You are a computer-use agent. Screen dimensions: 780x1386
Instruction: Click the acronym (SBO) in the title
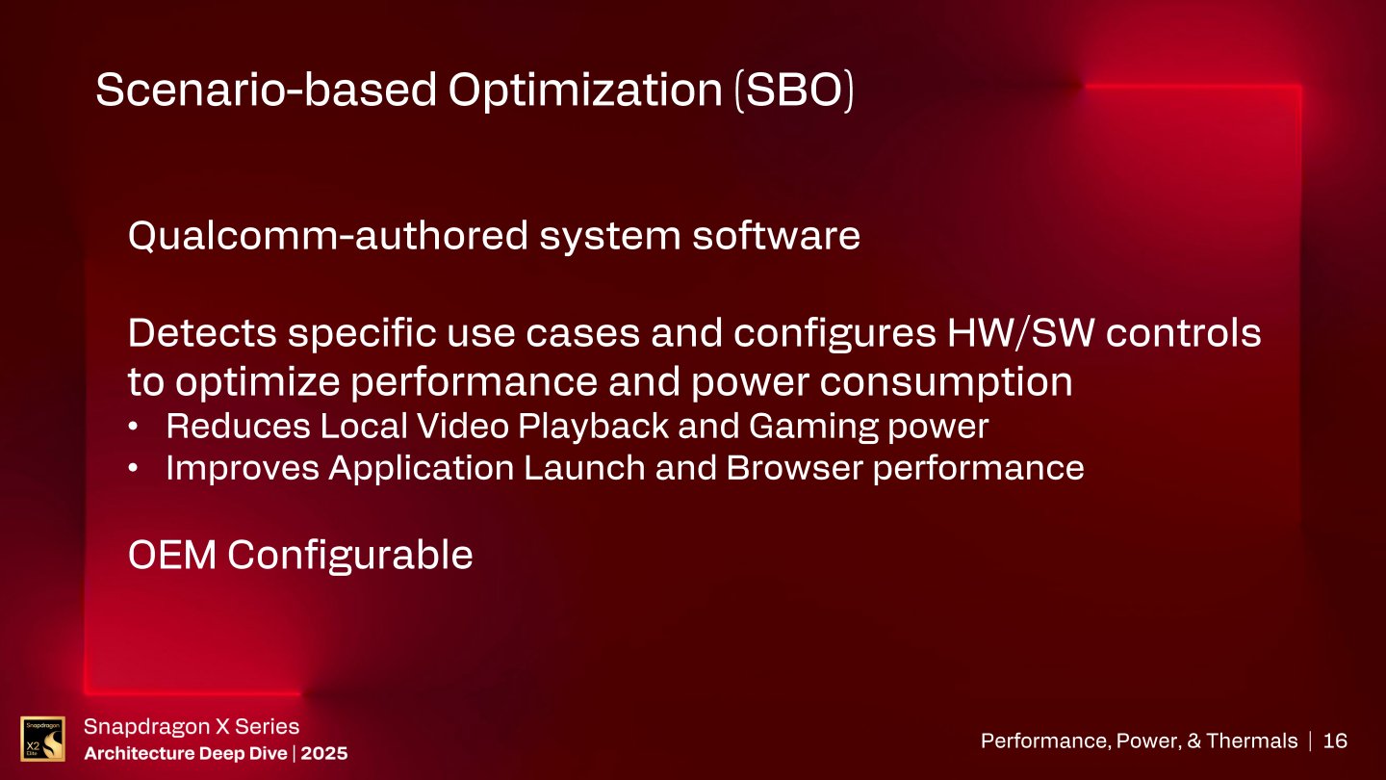point(793,91)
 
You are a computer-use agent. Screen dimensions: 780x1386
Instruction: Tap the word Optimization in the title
point(583,91)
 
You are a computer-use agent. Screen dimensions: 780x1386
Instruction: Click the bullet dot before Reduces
point(138,426)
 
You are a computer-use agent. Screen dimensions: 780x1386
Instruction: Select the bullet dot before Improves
point(138,469)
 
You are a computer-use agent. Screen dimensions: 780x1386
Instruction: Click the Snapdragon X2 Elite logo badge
point(42,739)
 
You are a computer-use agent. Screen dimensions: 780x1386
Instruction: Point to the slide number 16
point(1335,741)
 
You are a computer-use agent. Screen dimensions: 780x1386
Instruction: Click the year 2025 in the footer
point(324,752)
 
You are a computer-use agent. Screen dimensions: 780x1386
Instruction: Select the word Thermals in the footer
point(1251,741)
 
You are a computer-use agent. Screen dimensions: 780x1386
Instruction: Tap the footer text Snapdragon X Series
point(192,727)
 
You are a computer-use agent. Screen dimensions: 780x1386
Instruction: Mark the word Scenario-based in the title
point(262,91)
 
